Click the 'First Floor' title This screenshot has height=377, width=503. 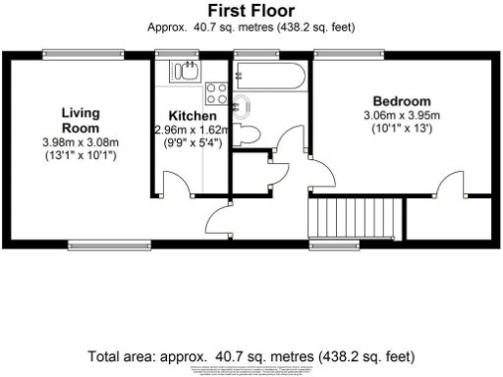251,11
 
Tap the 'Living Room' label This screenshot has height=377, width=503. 81,120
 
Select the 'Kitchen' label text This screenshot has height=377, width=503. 192,116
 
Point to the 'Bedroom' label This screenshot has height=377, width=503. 401,101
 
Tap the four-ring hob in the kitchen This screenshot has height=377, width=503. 215,95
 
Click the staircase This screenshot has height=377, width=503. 356,217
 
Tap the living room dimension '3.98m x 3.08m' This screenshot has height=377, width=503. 81,143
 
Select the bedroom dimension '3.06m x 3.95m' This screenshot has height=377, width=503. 401,116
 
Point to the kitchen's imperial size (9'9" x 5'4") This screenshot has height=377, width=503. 192,142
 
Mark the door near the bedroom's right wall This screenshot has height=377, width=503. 451,184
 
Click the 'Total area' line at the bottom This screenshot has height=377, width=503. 251,354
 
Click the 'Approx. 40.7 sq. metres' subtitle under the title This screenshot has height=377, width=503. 251,27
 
